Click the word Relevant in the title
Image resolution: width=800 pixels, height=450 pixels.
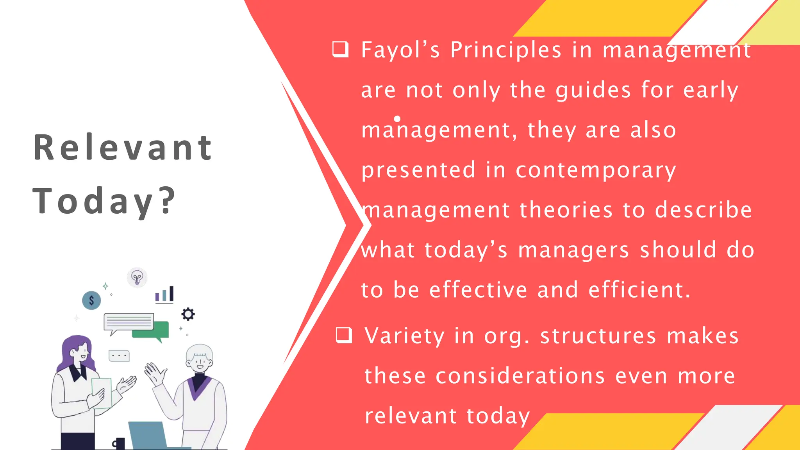click(123, 148)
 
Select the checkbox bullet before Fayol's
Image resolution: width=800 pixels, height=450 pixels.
click(340, 50)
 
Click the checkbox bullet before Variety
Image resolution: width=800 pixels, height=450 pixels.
click(344, 335)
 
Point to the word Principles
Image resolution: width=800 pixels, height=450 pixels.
click(506, 50)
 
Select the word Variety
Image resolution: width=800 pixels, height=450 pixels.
click(404, 336)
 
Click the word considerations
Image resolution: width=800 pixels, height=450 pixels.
click(520, 376)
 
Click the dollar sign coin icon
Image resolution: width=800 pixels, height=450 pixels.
click(91, 300)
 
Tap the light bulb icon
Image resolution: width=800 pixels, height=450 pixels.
click(137, 278)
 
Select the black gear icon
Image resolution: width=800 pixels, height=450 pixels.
click(188, 314)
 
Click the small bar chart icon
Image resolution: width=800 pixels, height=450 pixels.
click(164, 295)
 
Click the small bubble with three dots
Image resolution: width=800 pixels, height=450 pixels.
click(119, 356)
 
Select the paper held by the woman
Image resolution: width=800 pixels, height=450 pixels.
click(101, 392)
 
